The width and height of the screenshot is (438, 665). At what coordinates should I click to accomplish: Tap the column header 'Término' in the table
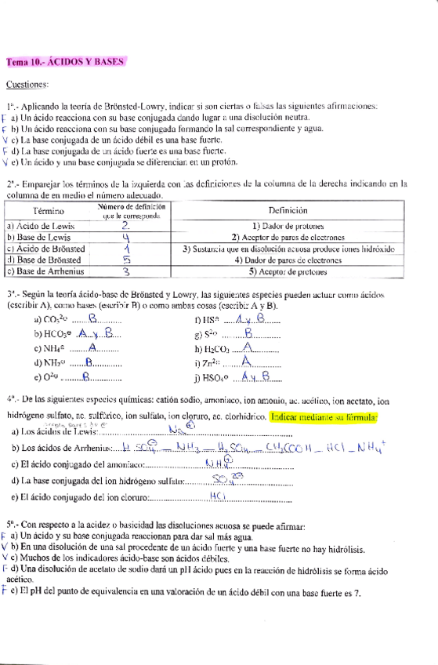tap(49, 211)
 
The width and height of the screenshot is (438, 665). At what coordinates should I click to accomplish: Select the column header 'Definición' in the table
tap(290, 211)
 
